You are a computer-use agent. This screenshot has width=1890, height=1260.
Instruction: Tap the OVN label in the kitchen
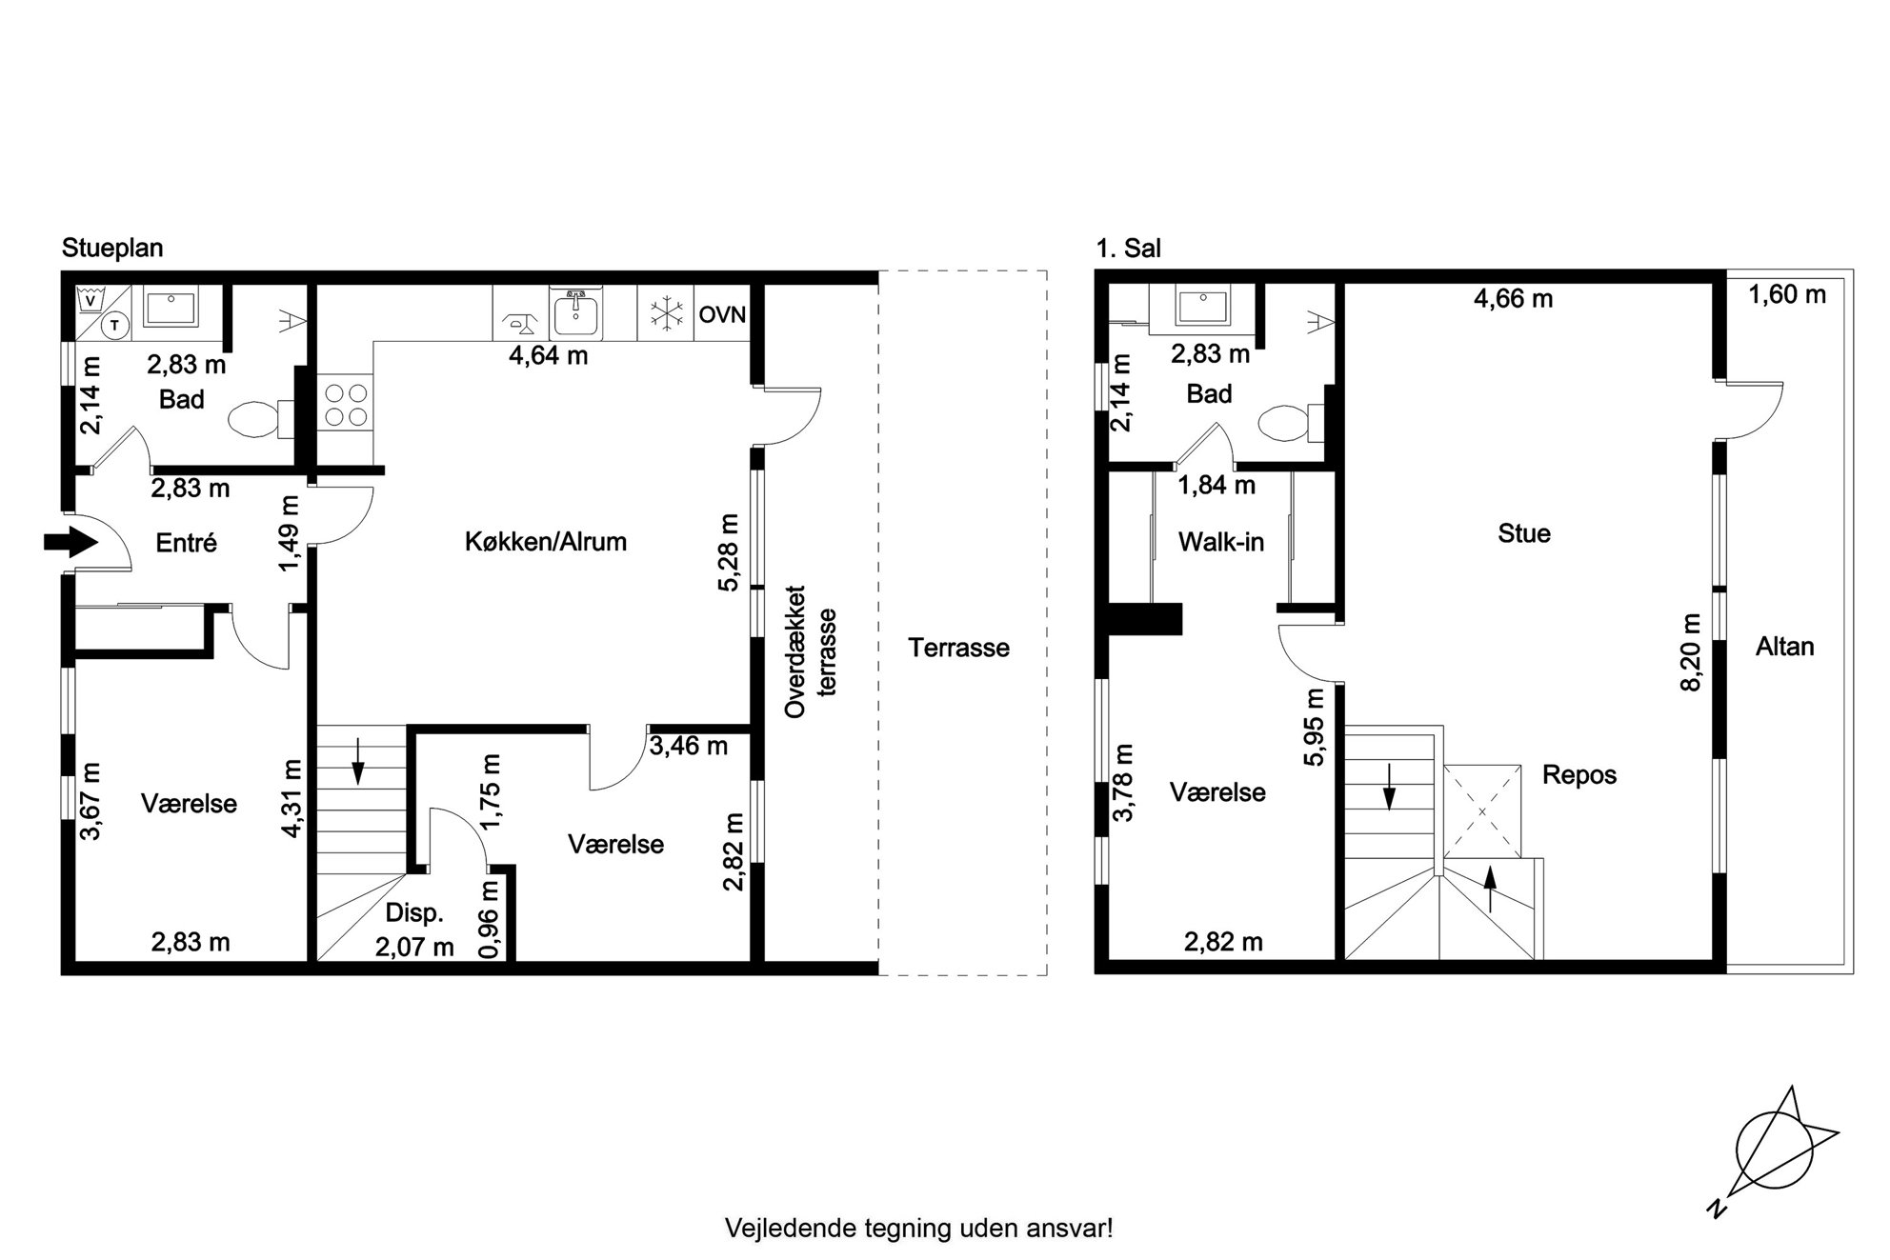tap(722, 314)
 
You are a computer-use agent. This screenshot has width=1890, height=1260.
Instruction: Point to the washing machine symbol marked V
tap(90, 301)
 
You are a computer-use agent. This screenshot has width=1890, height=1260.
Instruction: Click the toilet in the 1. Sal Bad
tap(1290, 424)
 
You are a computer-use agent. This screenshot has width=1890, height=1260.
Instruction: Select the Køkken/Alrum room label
tap(546, 542)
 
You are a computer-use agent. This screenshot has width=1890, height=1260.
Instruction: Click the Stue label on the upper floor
tap(1523, 533)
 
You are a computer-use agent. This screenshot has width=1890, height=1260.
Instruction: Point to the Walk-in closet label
tap(1221, 542)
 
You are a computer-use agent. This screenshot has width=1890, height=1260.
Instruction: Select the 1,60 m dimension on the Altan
tap(1787, 294)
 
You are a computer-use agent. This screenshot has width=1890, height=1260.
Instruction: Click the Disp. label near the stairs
tap(414, 912)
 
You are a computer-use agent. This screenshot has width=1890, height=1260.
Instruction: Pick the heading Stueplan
tap(112, 249)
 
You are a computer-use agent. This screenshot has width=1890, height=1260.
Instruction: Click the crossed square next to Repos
tap(1482, 810)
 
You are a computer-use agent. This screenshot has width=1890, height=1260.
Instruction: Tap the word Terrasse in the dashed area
tap(958, 648)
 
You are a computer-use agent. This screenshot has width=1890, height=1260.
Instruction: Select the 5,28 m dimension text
tap(730, 553)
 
